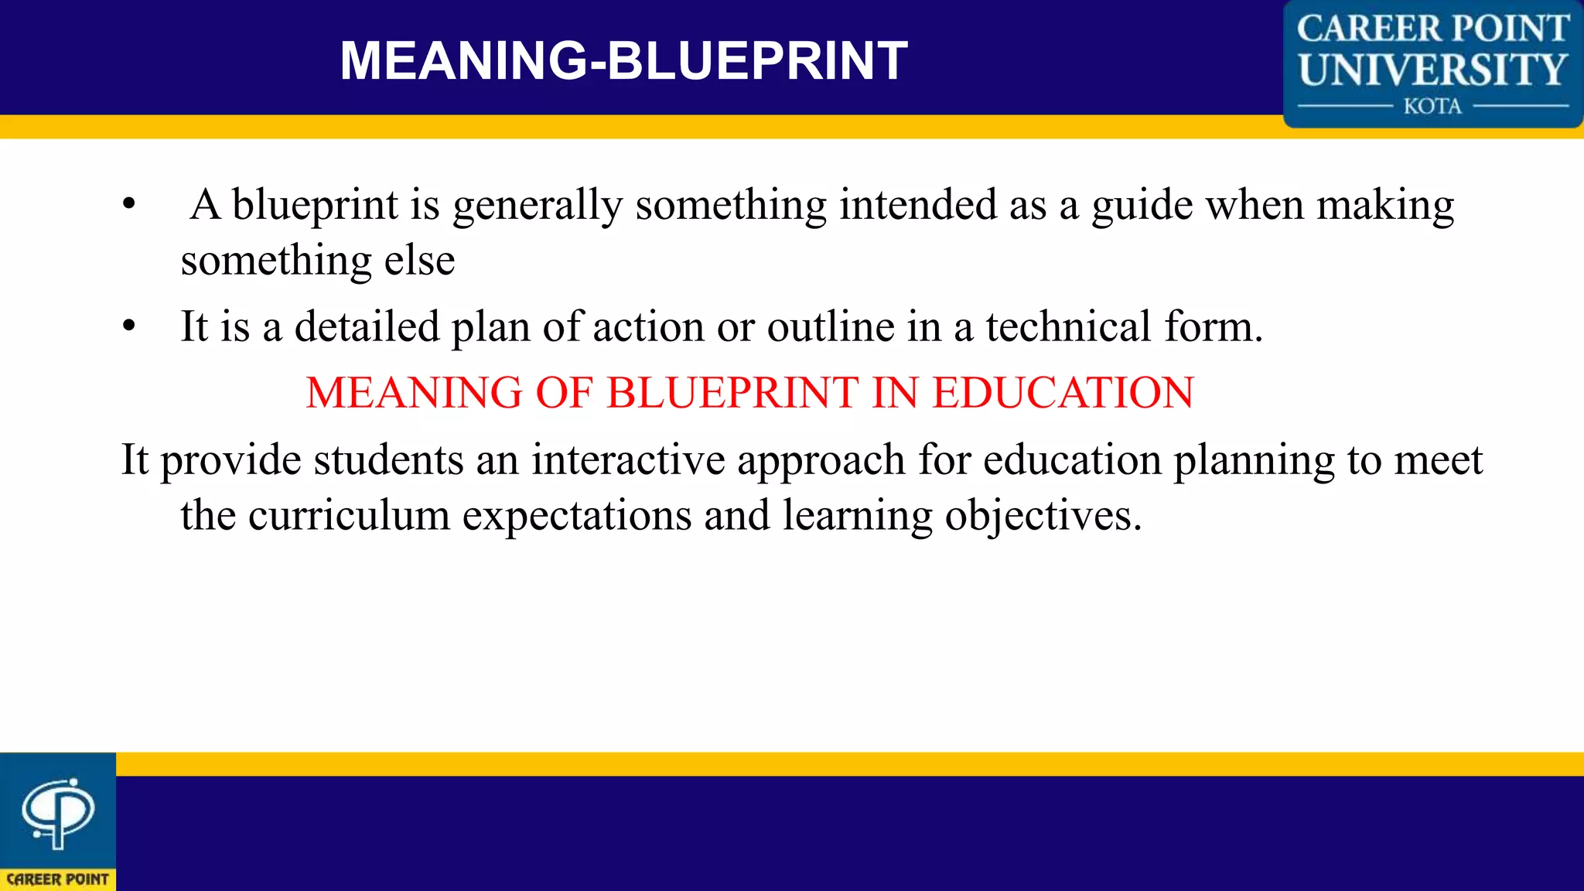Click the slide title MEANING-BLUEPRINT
click(x=623, y=60)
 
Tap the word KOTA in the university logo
click(x=1432, y=106)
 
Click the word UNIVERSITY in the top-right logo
click(x=1432, y=70)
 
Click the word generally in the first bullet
click(x=538, y=206)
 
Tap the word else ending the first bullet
click(x=419, y=261)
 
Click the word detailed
click(x=367, y=326)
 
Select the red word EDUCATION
click(x=1063, y=393)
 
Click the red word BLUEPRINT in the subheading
click(x=732, y=393)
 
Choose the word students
click(x=388, y=460)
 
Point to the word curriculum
click(x=349, y=515)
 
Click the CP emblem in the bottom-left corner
click(x=57, y=812)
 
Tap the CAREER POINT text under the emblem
click(x=57, y=879)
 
